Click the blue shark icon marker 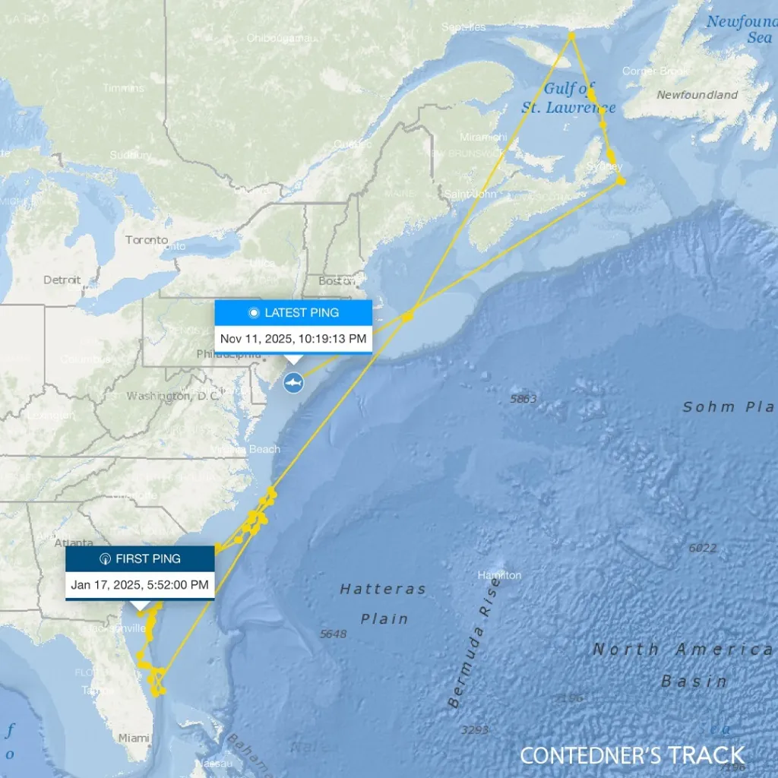click(293, 383)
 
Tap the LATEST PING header click(293, 313)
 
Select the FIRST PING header click(140, 558)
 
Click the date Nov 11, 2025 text click(293, 338)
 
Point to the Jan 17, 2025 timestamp click(140, 584)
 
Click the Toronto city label click(147, 240)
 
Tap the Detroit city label click(62, 280)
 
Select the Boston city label click(337, 281)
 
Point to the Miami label click(134, 737)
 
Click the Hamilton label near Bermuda click(499, 575)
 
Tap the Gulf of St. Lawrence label click(568, 99)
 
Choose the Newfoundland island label click(697, 95)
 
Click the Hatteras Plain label click(384, 603)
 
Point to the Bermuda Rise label click(472, 652)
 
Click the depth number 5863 click(523, 399)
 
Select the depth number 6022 click(702, 548)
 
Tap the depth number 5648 click(333, 634)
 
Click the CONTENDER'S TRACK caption click(632, 755)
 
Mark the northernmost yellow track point click(571, 34)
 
